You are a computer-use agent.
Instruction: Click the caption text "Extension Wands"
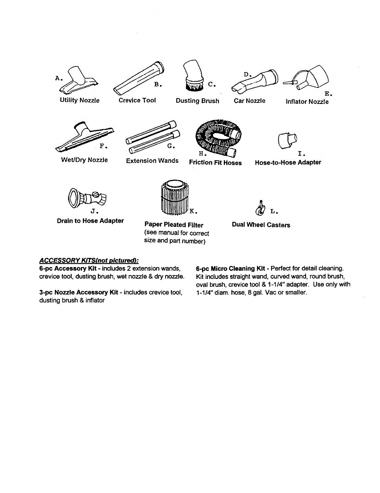pyautogui.click(x=152, y=161)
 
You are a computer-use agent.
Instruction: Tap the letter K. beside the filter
pyautogui.click(x=193, y=212)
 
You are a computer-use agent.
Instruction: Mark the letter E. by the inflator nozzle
pyautogui.click(x=328, y=94)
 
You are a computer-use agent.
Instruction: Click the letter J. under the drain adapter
pyautogui.click(x=94, y=212)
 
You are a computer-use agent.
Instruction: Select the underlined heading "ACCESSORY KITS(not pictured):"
pyautogui.click(x=89, y=260)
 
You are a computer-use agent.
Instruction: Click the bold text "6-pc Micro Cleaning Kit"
pyautogui.click(x=230, y=269)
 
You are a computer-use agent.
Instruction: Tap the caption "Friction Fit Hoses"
pyautogui.click(x=215, y=163)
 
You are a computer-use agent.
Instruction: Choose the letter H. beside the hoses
pyautogui.click(x=202, y=154)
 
